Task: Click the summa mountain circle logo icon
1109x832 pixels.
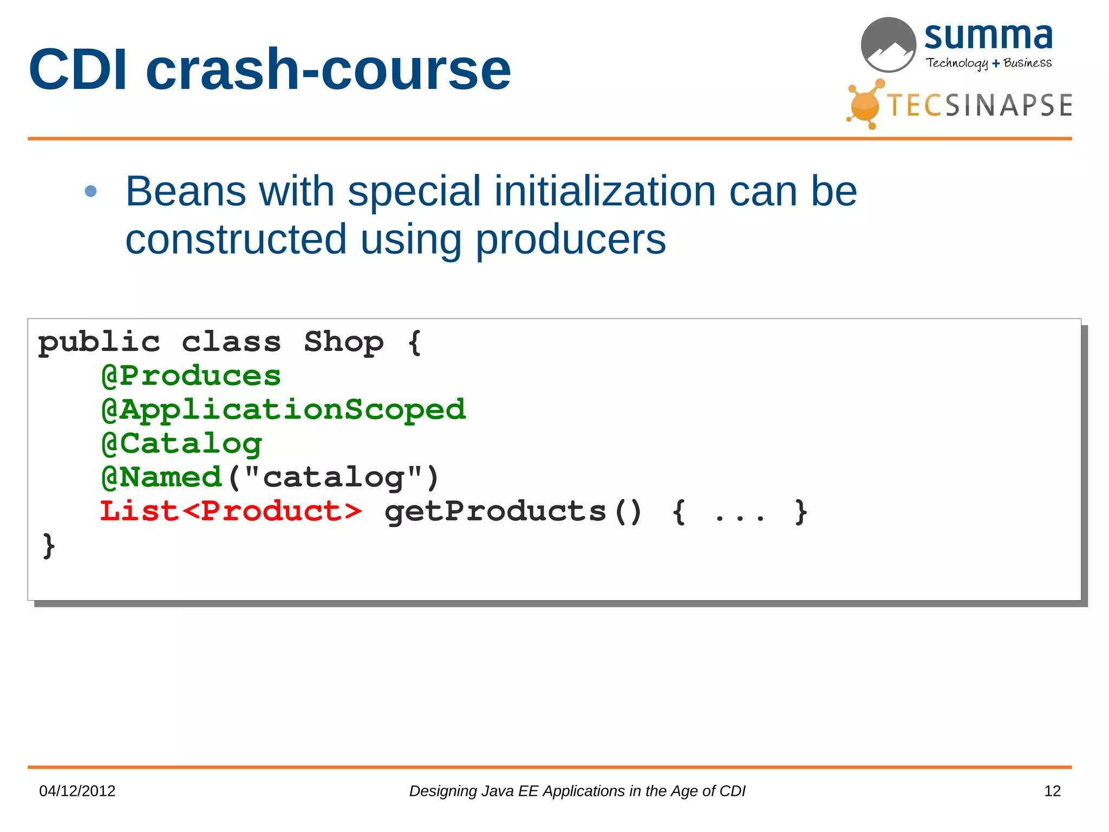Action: [888, 45]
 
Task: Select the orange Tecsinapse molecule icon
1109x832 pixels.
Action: [865, 105]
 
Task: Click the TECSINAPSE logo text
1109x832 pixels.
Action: [980, 105]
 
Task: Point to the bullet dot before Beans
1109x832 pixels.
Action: [91, 191]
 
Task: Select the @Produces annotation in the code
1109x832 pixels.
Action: [191, 376]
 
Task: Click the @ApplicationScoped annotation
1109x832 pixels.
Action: [283, 409]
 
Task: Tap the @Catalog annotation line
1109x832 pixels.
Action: [182, 444]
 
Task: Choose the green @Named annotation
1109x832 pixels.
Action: [162, 477]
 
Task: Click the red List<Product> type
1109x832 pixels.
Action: [231, 511]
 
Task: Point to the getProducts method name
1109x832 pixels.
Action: [495, 511]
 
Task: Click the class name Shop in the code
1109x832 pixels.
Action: [343, 342]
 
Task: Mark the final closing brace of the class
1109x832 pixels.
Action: [49, 545]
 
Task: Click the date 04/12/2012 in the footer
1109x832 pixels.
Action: [77, 791]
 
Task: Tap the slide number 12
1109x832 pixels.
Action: [1052, 791]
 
